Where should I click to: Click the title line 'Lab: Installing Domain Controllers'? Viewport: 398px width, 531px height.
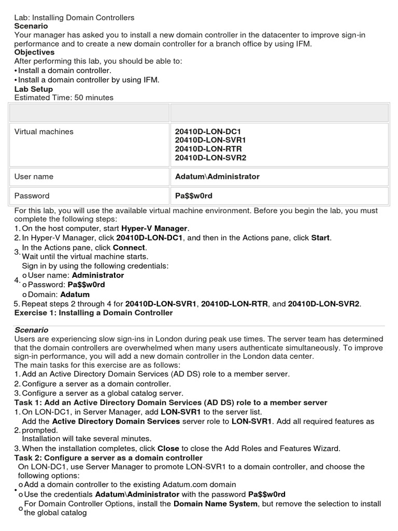tap(74, 18)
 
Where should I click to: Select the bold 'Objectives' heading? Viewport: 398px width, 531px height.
tap(34, 52)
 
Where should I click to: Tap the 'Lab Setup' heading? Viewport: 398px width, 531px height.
tap(33, 89)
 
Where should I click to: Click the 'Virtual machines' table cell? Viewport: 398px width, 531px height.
tap(44, 132)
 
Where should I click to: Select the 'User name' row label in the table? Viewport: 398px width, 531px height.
tap(34, 177)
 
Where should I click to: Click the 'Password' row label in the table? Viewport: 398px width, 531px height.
tap(32, 196)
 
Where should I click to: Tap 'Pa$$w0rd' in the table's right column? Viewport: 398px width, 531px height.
tap(194, 196)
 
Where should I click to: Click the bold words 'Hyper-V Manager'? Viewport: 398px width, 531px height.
tap(155, 229)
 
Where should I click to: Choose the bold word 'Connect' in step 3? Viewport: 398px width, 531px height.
tap(130, 247)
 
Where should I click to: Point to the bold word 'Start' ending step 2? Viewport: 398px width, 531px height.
tap(320, 238)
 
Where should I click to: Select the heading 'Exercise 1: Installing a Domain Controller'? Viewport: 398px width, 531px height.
tap(93, 313)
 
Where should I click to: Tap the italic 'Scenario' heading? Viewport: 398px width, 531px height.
tap(31, 330)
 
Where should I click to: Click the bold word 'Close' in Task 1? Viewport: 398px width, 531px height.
tap(169, 449)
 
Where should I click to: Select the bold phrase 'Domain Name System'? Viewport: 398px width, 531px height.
tap(216, 504)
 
